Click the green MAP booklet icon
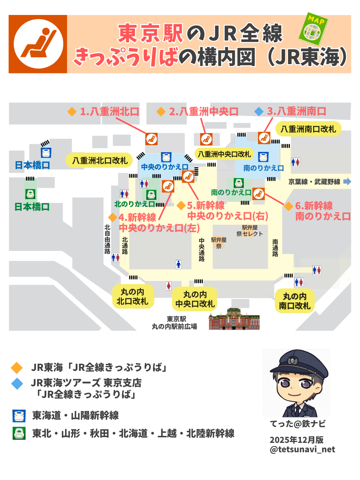tap(313, 28)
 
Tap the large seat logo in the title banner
tap(38, 44)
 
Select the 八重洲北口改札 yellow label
tap(100, 160)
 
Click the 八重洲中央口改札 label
tap(224, 154)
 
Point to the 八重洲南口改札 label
tap(308, 129)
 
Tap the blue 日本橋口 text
tap(32, 165)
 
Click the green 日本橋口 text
tap(32, 207)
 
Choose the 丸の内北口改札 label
tap(132, 296)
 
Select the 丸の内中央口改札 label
tap(195, 299)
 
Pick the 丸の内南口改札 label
tap(295, 301)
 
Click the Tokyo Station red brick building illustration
tap(234, 319)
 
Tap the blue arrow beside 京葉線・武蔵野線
tap(348, 181)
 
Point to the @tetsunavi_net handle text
tap(302, 449)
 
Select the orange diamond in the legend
tap(17, 367)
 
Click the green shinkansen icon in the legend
tap(19, 433)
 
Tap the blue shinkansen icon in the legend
tap(19, 415)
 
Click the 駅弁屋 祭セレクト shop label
tap(249, 231)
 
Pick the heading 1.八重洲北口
tap(109, 111)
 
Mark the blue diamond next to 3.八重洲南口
tap(259, 111)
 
